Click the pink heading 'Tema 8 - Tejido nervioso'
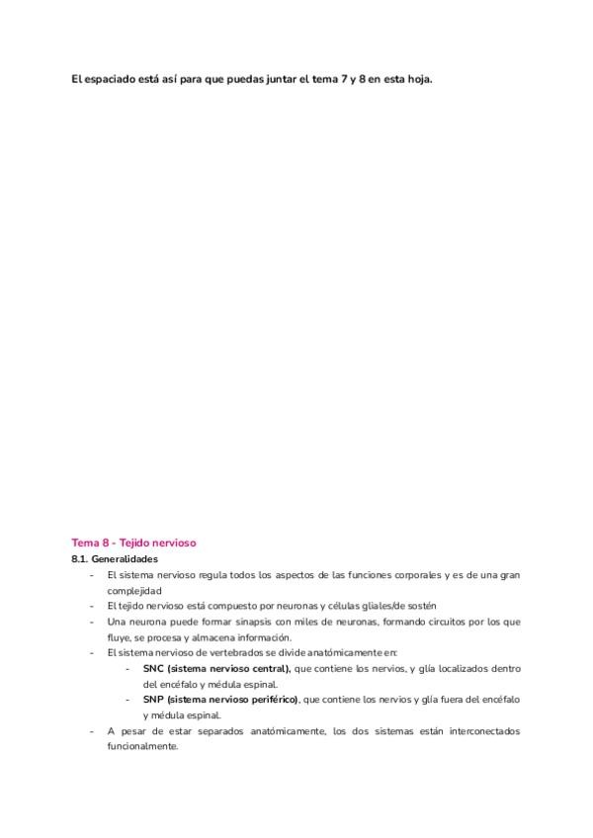[134, 543]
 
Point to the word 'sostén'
[419, 606]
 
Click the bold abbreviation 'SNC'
[153, 669]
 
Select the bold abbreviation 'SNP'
[153, 700]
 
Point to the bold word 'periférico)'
[269, 700]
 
